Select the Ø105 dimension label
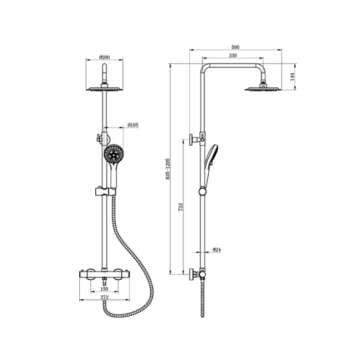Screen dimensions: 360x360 (x=132, y=125)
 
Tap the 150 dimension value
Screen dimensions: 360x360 (x=104, y=289)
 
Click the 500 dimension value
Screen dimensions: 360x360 (x=235, y=48)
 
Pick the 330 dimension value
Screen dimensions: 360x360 (x=232, y=56)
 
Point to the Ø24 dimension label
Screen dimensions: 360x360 (x=217, y=250)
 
